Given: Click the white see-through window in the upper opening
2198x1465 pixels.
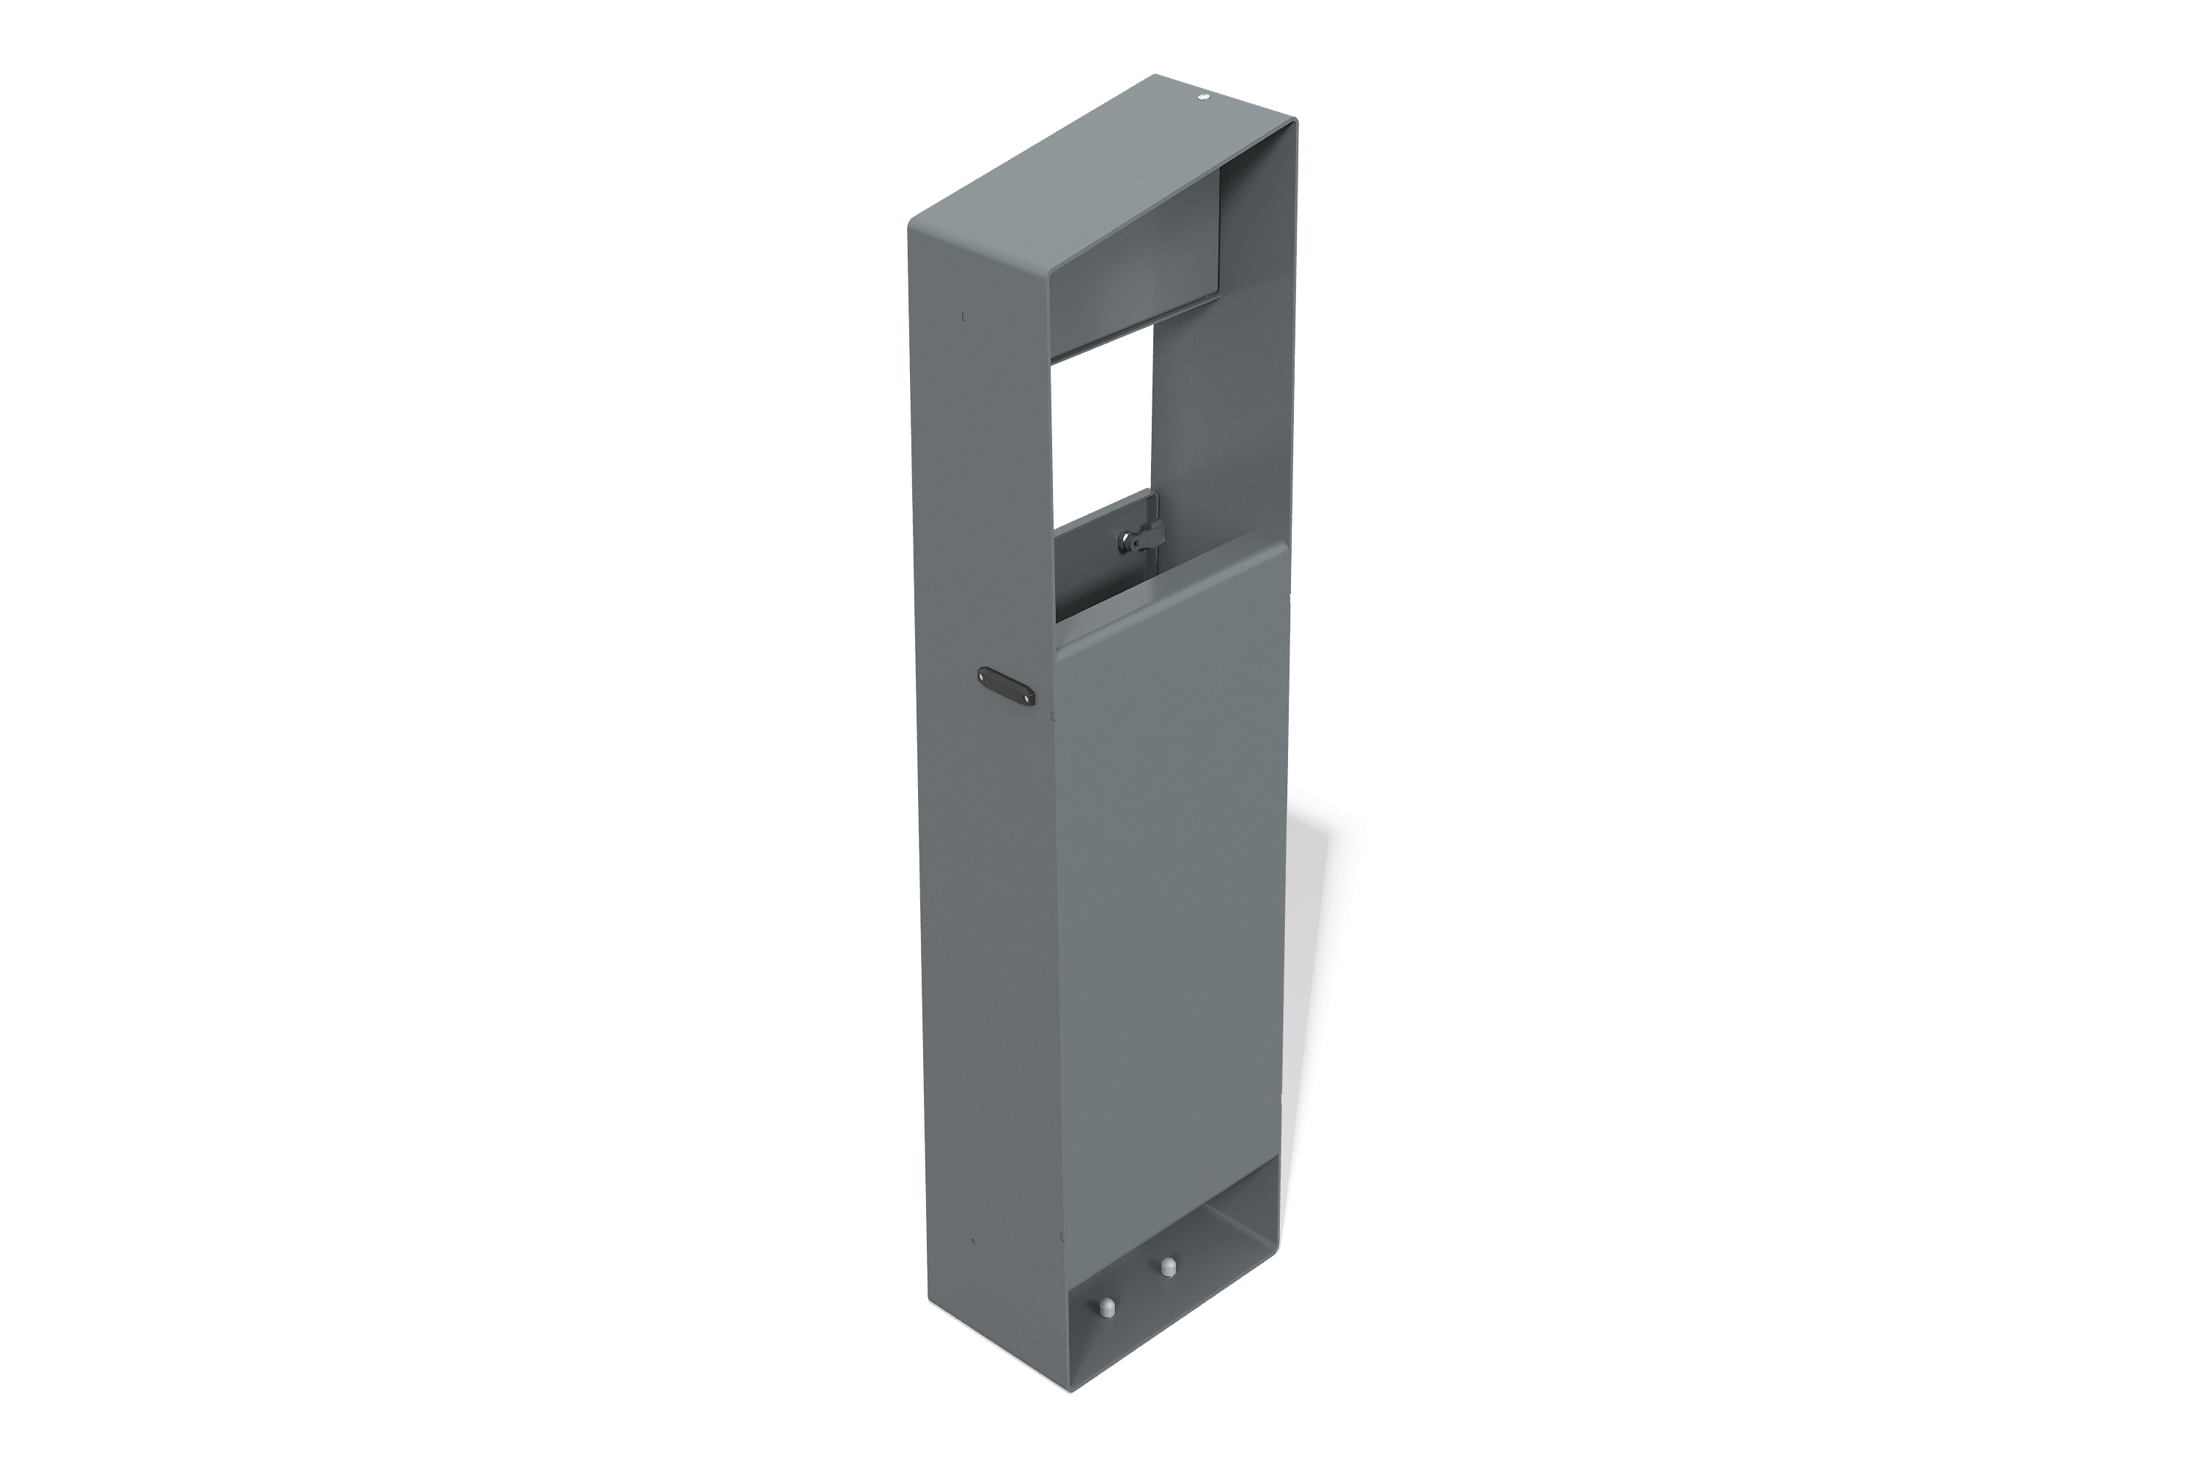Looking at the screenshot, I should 1103,430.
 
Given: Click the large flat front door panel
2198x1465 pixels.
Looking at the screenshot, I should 1168,888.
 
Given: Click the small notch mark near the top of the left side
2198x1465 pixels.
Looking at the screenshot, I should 963,316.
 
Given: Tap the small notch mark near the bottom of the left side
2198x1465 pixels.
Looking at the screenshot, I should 974,1242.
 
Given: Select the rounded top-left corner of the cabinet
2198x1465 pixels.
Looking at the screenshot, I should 914,224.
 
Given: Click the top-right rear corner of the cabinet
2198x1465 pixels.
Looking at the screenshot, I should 1293,119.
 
